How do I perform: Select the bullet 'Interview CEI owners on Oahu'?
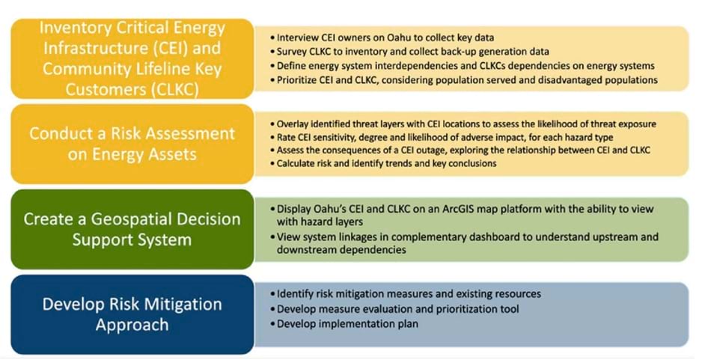click(x=385, y=37)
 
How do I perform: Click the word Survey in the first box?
click(x=293, y=51)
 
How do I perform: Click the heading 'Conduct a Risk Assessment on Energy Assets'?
click(x=132, y=144)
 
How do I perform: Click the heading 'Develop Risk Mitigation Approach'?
click(x=132, y=314)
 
